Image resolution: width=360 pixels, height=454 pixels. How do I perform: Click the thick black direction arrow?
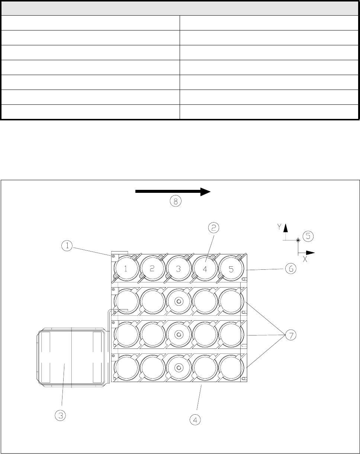173,191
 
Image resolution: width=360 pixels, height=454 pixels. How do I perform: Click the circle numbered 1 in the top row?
126,269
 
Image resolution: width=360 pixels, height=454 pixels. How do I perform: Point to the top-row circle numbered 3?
179,269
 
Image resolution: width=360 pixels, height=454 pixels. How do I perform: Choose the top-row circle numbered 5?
231,269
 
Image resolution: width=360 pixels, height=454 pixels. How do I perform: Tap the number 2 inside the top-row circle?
152,269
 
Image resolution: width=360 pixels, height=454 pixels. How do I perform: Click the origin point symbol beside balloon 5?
298,240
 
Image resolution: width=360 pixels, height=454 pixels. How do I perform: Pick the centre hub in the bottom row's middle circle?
179,368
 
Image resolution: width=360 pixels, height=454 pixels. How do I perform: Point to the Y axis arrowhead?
285,227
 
